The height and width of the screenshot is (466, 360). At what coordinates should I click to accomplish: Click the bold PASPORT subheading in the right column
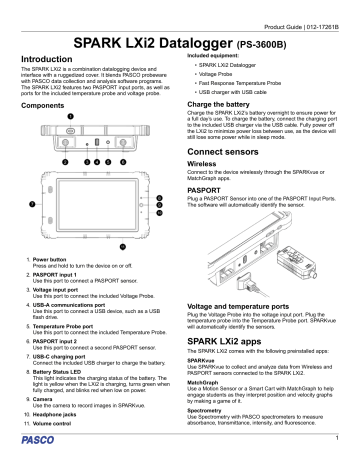coord(205,186)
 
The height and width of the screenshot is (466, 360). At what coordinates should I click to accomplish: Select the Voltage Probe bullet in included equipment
coord(221,74)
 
